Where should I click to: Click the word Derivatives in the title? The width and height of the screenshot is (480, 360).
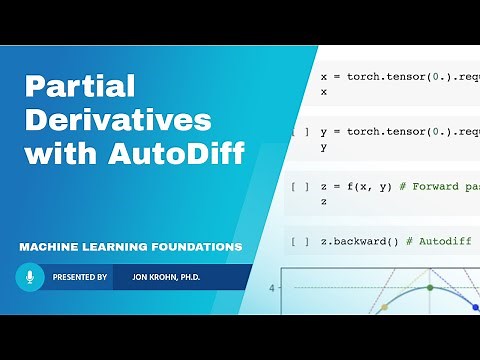coord(117,121)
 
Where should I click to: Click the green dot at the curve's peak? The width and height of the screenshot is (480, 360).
coord(431,288)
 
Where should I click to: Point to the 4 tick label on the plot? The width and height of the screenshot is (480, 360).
coord(272,288)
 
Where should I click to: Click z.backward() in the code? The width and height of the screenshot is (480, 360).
coord(359,241)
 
